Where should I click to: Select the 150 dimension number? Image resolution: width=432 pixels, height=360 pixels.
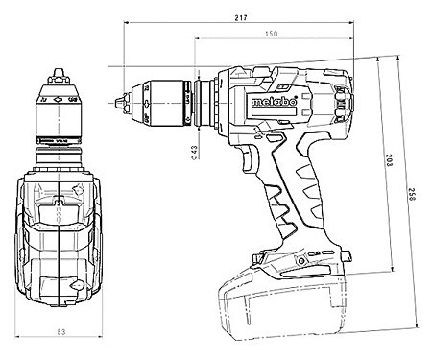[x=273, y=35]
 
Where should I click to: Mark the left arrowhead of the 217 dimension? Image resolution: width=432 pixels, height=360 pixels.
[x=126, y=25]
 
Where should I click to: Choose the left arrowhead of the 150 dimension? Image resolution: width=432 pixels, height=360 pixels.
[x=197, y=41]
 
